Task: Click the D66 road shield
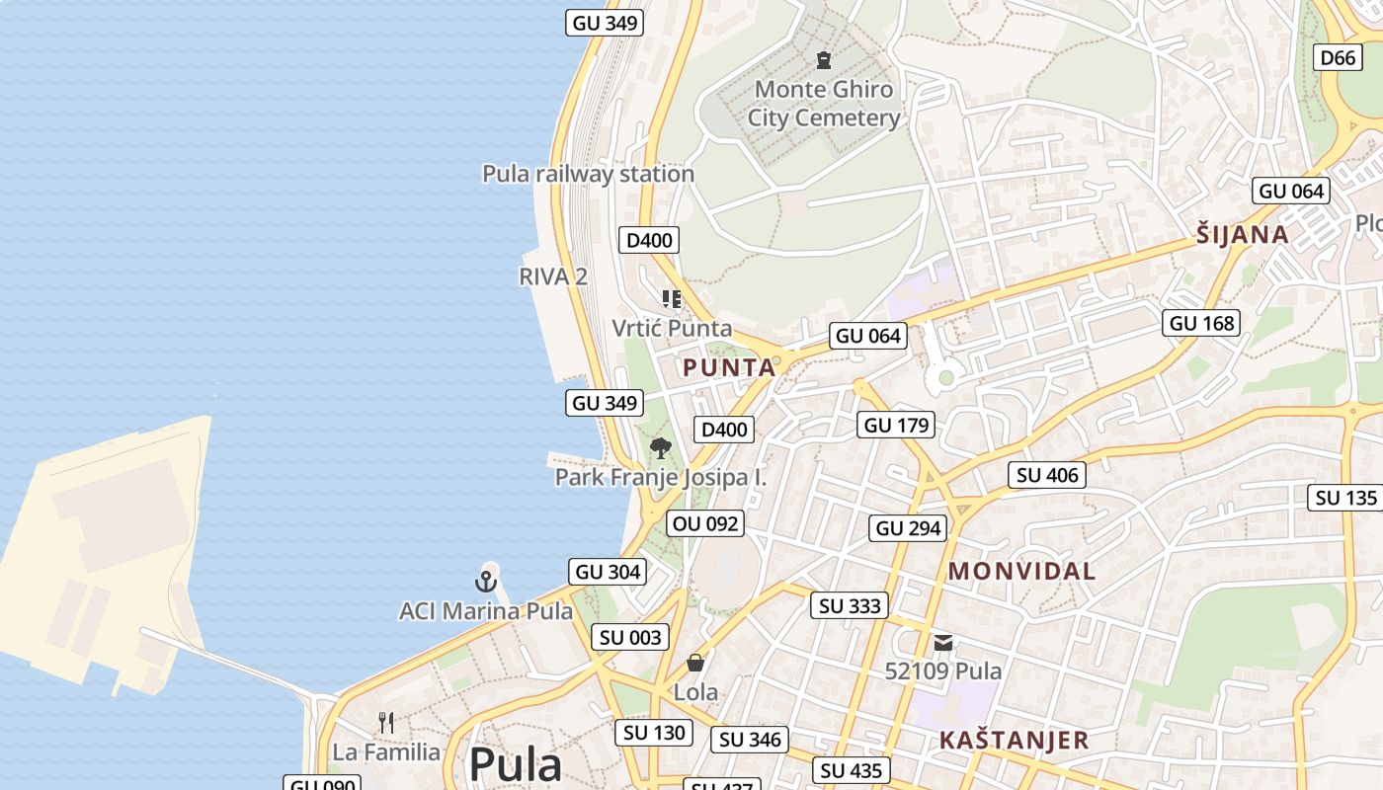tap(1339, 58)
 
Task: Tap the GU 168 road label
tap(1202, 323)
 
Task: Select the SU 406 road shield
tap(1047, 475)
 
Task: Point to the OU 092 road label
tap(705, 523)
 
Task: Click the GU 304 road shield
tap(608, 572)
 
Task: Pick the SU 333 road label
tap(850, 605)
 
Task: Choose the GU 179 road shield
tap(896, 426)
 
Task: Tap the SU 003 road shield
tap(630, 638)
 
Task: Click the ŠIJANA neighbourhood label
tap(1242, 235)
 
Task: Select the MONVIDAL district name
tap(1021, 571)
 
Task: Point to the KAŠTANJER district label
tap(1014, 741)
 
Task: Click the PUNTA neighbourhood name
tap(729, 368)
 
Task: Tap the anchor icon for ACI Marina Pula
tap(484, 581)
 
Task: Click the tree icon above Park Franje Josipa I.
tap(660, 448)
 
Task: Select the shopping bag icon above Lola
tap(695, 663)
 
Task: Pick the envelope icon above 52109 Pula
tap(943, 643)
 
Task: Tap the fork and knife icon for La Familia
tap(386, 723)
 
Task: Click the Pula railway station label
tap(588, 174)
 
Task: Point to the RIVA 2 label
tap(553, 276)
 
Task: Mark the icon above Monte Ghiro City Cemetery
tap(823, 60)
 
